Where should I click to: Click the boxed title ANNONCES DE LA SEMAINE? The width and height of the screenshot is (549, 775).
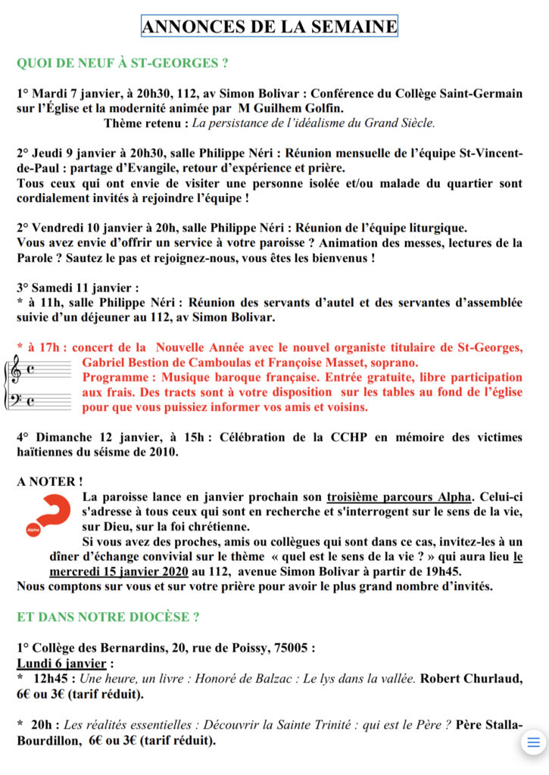pyautogui.click(x=270, y=26)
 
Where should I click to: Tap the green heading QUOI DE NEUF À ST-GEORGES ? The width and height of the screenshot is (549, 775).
pyautogui.click(x=123, y=63)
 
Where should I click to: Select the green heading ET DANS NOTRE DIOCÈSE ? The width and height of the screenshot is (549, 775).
pyautogui.click(x=108, y=617)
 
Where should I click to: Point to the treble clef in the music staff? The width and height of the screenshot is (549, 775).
pyautogui.click(x=14, y=371)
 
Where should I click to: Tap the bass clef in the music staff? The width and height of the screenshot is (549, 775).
pyautogui.click(x=14, y=400)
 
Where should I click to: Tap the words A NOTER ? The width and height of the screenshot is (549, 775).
pyautogui.click(x=50, y=481)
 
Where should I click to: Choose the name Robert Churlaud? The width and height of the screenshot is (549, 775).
pyautogui.click(x=467, y=678)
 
